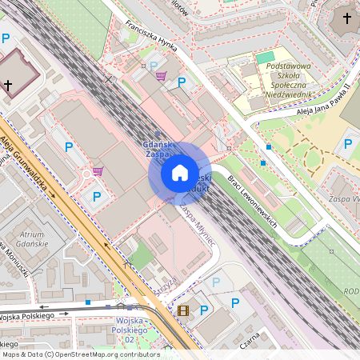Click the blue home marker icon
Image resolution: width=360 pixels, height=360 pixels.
pyautogui.click(x=179, y=173)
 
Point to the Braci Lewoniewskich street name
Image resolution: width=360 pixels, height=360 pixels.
pyautogui.click(x=252, y=200)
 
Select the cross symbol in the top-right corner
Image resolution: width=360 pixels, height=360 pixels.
pyautogui.click(x=347, y=18)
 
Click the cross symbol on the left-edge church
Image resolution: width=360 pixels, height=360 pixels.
pyautogui.click(x=8, y=84)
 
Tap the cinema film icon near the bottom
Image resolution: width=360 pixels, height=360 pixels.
pyautogui.click(x=183, y=310)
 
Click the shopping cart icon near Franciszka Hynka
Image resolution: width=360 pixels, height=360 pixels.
pyautogui.click(x=161, y=77)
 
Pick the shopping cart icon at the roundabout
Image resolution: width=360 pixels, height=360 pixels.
pyautogui.click(x=98, y=171)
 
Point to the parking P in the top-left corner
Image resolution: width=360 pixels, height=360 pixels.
pyautogui.click(x=6, y=38)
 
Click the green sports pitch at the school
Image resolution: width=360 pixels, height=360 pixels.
pyautogui.click(x=263, y=58)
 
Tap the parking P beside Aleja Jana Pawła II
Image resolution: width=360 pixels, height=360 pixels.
pyautogui.click(x=347, y=145)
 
